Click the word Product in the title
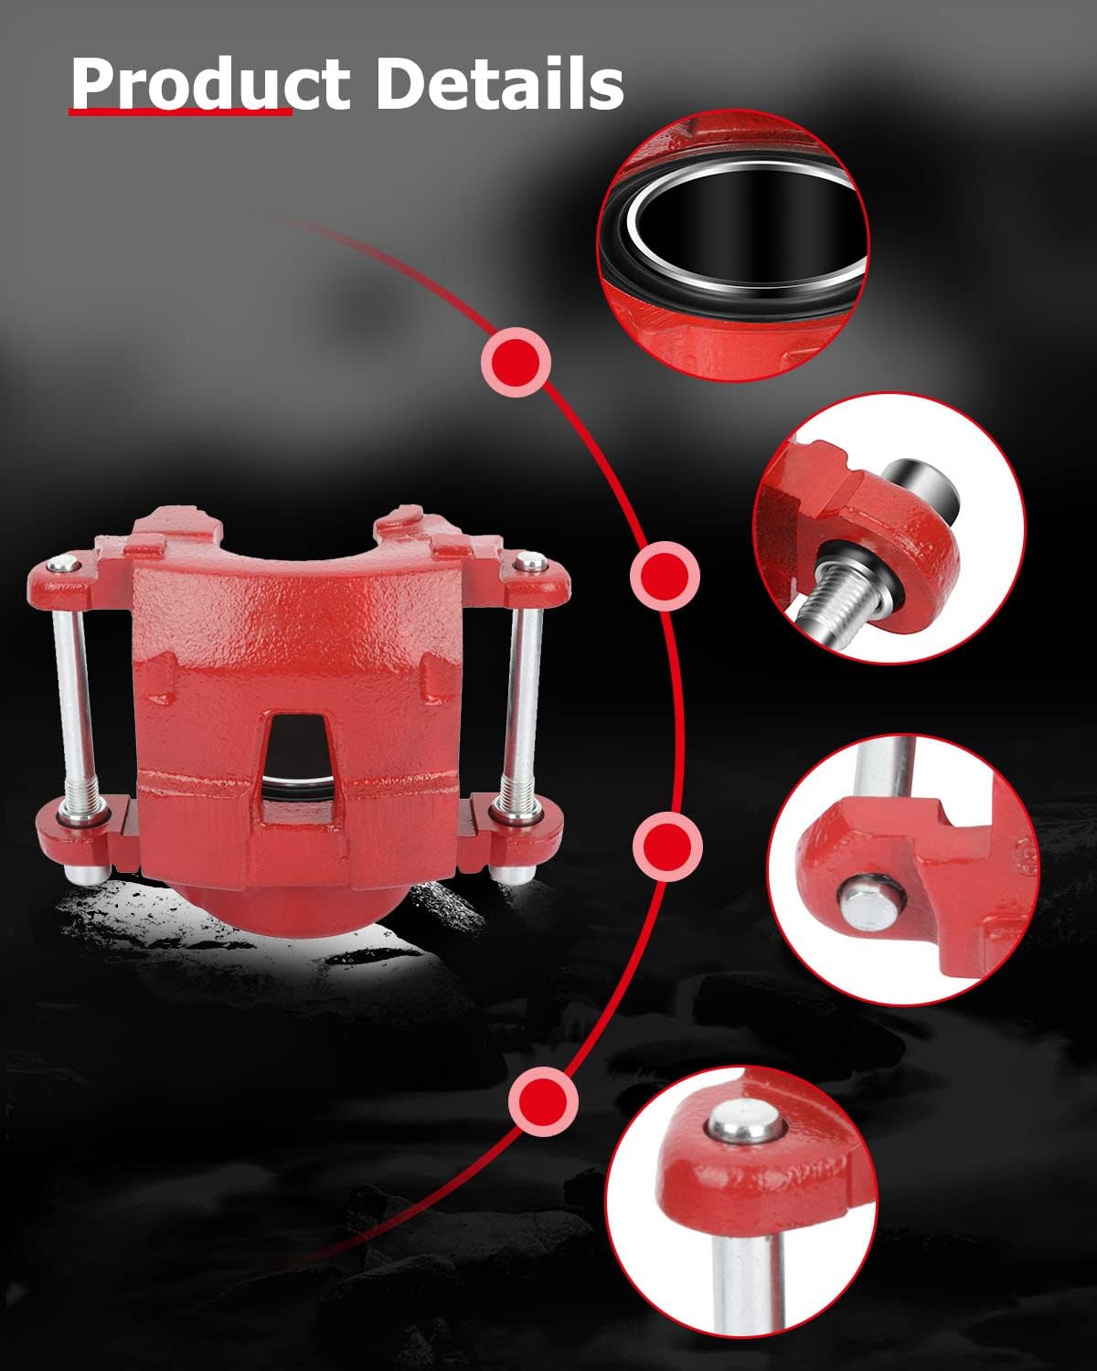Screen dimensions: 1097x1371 click(x=209, y=83)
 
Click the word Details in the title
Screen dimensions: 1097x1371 click(x=499, y=83)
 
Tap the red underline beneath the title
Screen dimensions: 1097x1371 click(x=180, y=112)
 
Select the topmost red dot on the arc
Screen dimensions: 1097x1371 click(x=517, y=362)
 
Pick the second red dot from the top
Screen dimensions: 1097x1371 click(x=665, y=576)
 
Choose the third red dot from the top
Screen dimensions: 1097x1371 click(x=667, y=846)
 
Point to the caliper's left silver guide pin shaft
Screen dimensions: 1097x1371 click(x=74, y=707)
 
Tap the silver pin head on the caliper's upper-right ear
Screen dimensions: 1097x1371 click(x=530, y=561)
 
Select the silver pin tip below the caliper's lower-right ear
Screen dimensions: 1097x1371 click(x=512, y=873)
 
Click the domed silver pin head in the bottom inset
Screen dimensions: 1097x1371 click(x=744, y=1122)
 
